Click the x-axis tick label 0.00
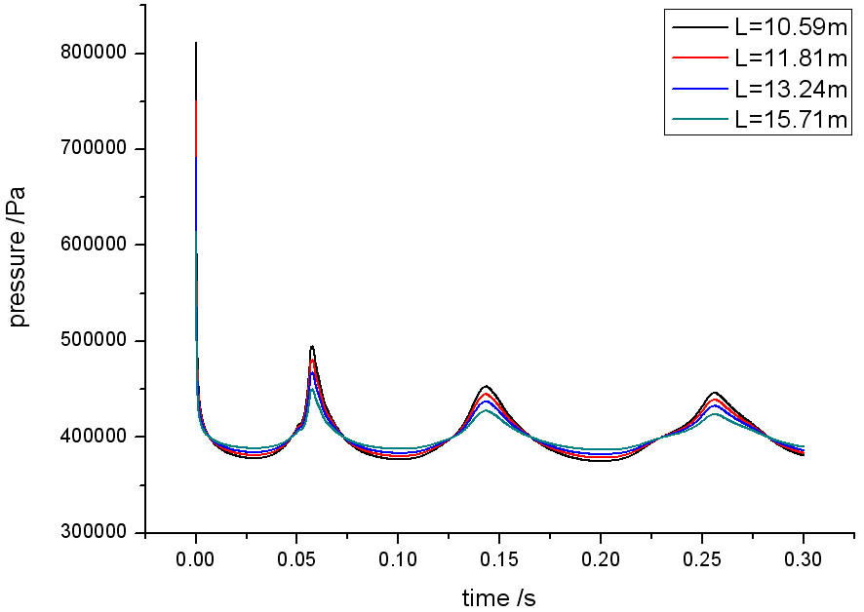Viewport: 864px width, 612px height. (x=196, y=562)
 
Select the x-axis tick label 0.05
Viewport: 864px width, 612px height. (x=296, y=562)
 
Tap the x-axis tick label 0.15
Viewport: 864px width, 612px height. (x=498, y=562)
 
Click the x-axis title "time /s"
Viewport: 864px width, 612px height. (x=498, y=596)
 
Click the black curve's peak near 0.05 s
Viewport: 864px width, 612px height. (x=312, y=346)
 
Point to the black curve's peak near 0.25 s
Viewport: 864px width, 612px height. (x=716, y=392)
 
